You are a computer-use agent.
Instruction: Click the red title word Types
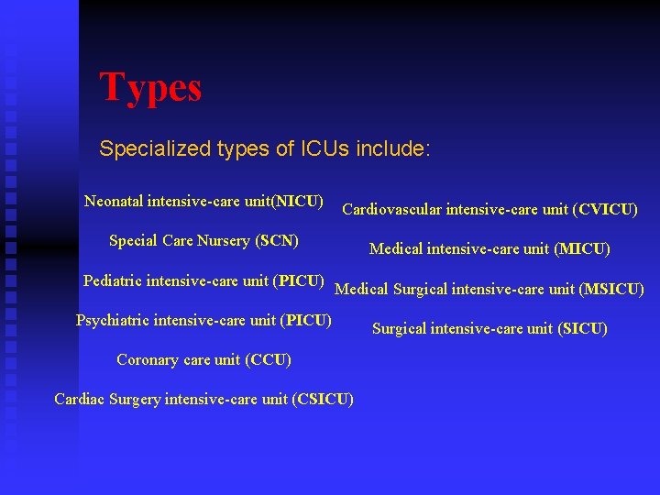150,88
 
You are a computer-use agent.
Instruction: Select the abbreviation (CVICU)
605,210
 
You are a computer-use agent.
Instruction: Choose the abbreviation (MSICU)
611,290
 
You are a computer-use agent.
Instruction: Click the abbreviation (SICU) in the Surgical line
582,328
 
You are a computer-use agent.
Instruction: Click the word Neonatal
114,201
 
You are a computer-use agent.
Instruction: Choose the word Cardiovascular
392,210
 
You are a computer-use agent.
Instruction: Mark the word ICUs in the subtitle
325,148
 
